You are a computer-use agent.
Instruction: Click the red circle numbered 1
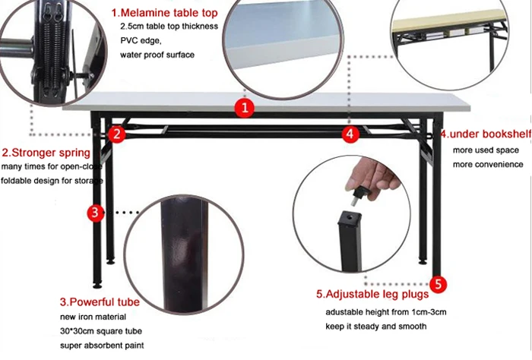click(244, 108)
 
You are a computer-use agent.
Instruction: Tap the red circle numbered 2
click(117, 134)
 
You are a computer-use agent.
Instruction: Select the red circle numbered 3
click(95, 213)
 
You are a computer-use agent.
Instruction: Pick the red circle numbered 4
click(350, 134)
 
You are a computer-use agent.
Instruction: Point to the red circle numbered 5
click(438, 284)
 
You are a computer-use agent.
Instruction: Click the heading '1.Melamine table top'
click(165, 13)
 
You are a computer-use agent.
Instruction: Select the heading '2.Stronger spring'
click(46, 153)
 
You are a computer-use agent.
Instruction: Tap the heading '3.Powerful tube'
click(100, 302)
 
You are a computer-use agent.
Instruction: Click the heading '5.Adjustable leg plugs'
click(372, 294)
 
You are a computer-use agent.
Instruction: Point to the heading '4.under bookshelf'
click(486, 134)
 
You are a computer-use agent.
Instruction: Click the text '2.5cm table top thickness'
click(169, 27)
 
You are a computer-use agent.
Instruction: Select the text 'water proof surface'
click(157, 55)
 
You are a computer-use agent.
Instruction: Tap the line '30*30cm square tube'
click(101, 331)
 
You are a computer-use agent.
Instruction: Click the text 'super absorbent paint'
click(102, 346)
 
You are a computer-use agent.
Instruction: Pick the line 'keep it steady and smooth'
click(376, 327)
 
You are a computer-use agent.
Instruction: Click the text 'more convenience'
click(488, 165)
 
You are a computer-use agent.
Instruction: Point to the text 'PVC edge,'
click(141, 41)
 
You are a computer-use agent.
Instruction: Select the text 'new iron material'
click(93, 317)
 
